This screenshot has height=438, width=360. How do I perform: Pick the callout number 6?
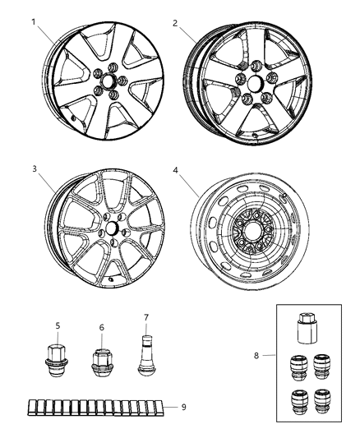[101, 327]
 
